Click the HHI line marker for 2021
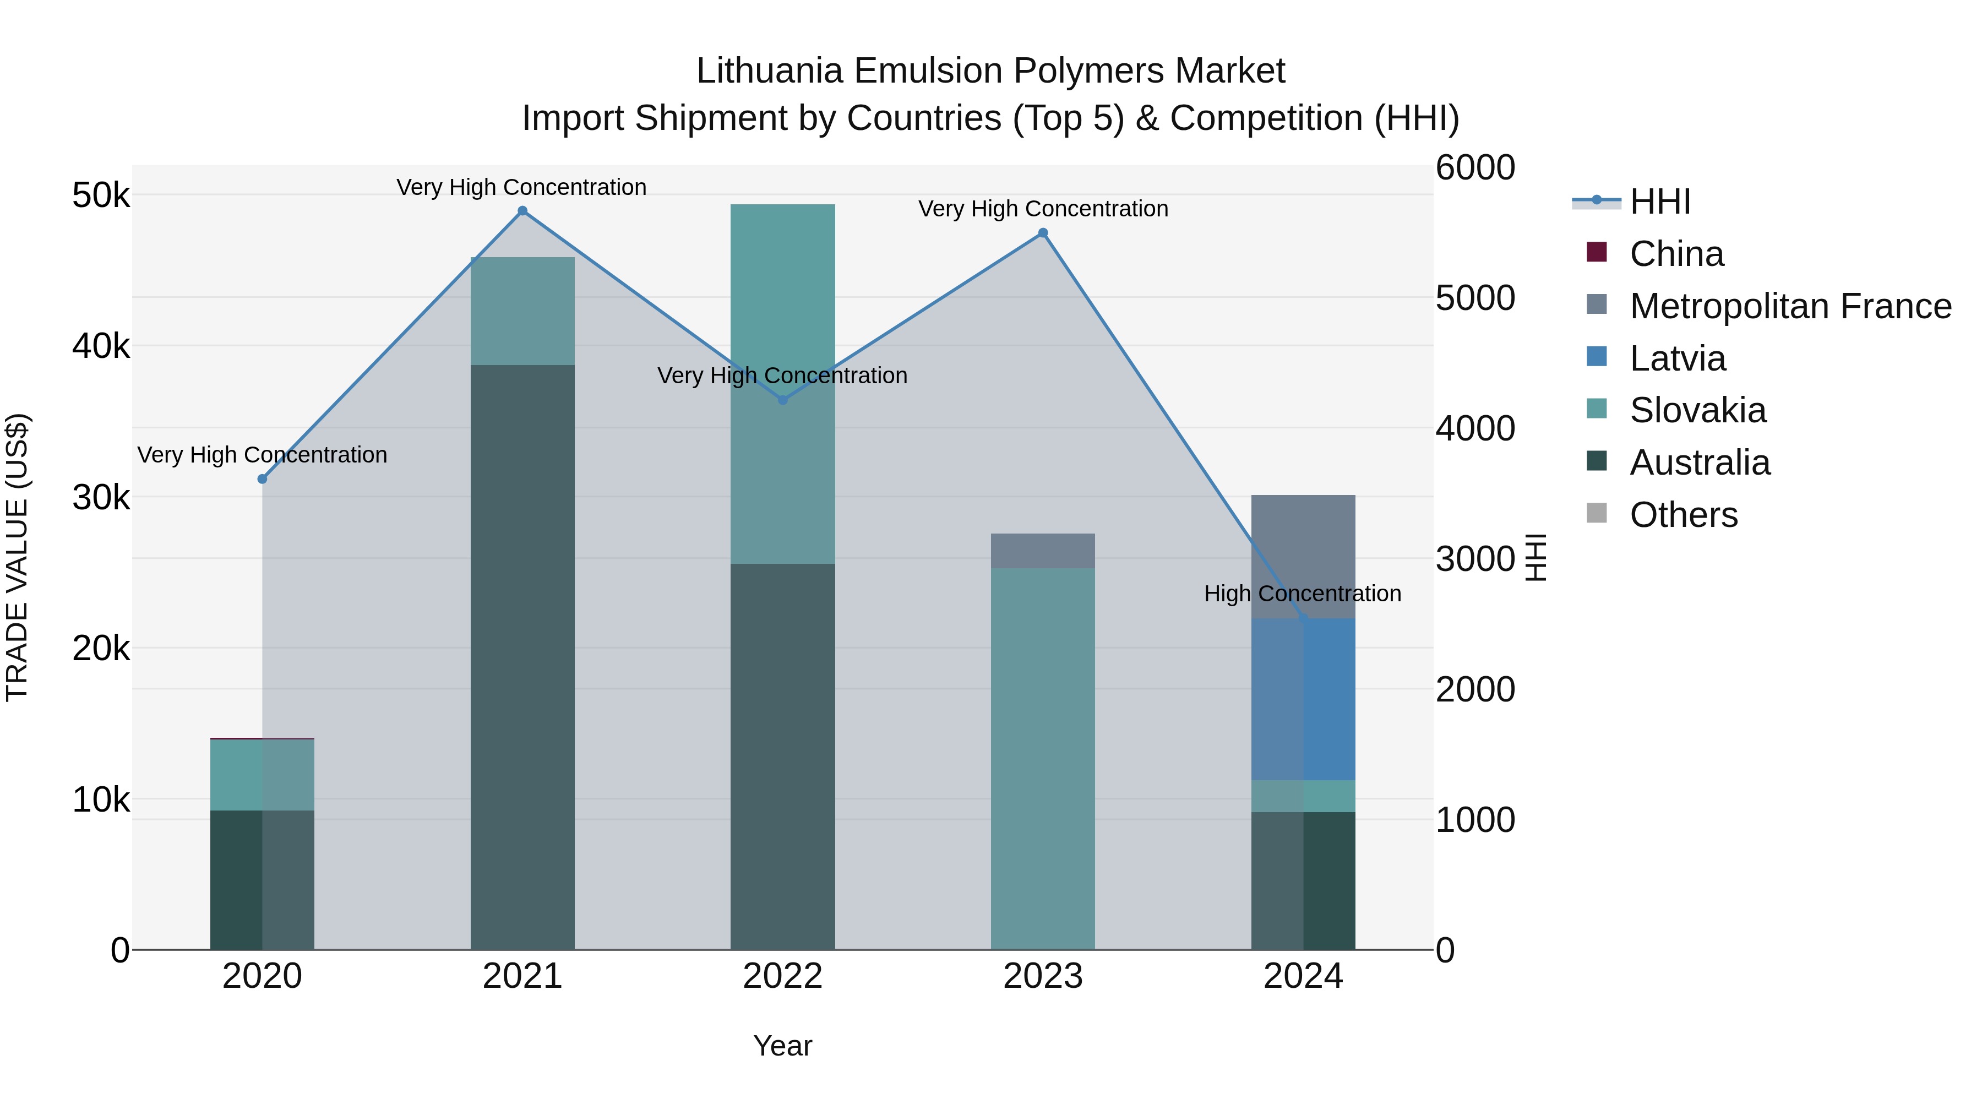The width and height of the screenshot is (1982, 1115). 522,211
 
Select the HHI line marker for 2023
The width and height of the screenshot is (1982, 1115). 1043,233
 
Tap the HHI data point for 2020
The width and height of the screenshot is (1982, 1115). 263,478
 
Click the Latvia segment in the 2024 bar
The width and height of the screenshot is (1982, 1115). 1303,699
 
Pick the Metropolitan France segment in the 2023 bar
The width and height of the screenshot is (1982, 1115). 1043,551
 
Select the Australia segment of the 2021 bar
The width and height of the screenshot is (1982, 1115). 522,656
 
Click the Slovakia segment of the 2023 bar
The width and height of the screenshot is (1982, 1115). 1043,758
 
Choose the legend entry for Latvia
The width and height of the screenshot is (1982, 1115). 1678,358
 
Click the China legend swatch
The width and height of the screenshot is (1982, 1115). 1597,252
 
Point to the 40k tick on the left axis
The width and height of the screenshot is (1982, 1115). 101,346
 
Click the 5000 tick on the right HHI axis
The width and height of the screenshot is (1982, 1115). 1475,298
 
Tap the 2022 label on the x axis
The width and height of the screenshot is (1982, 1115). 782,976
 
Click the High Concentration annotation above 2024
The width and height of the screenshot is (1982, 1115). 1302,593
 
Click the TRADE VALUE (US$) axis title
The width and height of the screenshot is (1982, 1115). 17,557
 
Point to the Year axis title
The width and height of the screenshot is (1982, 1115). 782,1046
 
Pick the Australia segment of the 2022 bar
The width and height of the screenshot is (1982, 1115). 782,757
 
